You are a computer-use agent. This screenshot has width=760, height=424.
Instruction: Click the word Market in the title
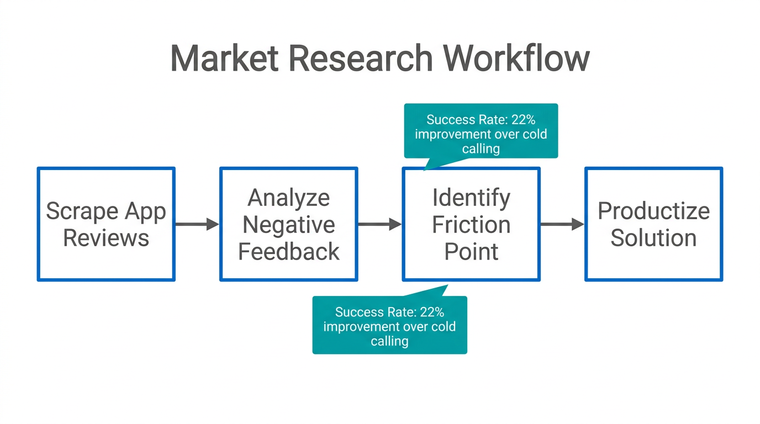pyautogui.click(x=224, y=58)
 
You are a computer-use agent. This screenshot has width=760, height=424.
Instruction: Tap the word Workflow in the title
pyautogui.click(x=516, y=58)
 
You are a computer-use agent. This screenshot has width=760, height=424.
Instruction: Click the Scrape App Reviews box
pyautogui.click(x=106, y=224)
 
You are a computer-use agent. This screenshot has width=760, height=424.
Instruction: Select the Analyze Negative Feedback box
pyautogui.click(x=288, y=224)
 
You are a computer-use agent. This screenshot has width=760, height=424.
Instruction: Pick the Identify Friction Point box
pyautogui.click(x=471, y=224)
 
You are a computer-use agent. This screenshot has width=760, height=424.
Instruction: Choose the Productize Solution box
pyautogui.click(x=653, y=224)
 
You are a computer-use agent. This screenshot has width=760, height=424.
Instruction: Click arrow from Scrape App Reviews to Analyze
pyautogui.click(x=197, y=224)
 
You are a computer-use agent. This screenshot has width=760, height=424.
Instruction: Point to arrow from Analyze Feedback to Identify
pyautogui.click(x=379, y=224)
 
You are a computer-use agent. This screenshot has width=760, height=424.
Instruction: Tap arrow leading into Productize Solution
pyautogui.click(x=562, y=224)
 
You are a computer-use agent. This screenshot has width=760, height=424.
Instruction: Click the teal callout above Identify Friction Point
pyautogui.click(x=481, y=131)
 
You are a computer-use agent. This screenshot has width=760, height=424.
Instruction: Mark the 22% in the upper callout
pyautogui.click(x=523, y=120)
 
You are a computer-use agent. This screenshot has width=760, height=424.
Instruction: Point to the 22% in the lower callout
pyautogui.click(x=432, y=312)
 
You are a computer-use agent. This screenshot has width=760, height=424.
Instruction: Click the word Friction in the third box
pyautogui.click(x=471, y=225)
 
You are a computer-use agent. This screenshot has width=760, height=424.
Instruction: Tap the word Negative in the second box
pyautogui.click(x=288, y=225)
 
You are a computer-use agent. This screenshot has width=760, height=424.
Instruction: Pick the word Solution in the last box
pyautogui.click(x=653, y=238)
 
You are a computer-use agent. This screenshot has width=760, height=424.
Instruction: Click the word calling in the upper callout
pyautogui.click(x=481, y=149)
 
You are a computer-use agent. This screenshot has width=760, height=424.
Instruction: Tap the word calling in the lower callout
pyautogui.click(x=389, y=341)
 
